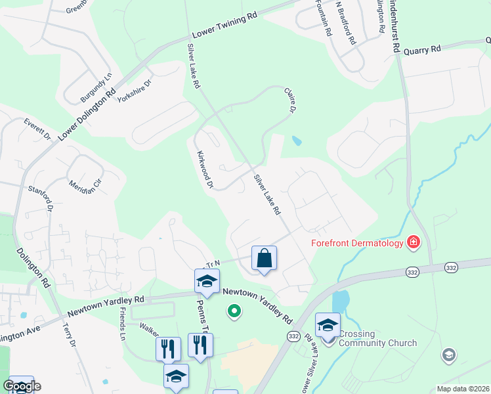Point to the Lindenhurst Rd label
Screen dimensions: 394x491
(x=396, y=26)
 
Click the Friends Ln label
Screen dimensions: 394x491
(x=122, y=321)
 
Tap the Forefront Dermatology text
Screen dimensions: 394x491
(x=356, y=244)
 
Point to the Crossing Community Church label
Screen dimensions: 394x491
(x=377, y=338)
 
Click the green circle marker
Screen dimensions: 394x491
(x=233, y=311)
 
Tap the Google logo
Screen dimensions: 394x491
(x=22, y=386)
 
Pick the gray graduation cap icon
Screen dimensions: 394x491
(x=449, y=355)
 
